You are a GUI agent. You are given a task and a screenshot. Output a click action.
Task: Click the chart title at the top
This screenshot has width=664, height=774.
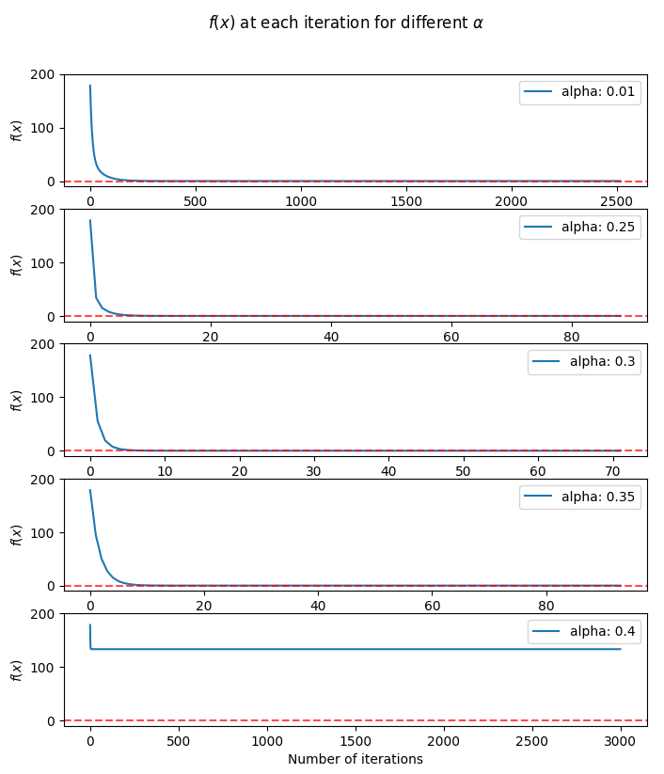coord(345,22)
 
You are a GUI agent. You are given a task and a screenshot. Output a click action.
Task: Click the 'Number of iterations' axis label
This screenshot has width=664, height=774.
coord(355,759)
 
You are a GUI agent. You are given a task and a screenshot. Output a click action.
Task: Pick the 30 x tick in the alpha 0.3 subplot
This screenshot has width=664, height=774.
coord(313,470)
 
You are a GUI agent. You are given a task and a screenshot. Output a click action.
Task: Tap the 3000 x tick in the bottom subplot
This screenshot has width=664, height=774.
coord(621,740)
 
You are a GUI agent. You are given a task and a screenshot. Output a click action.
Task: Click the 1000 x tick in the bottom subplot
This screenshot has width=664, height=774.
coord(267,740)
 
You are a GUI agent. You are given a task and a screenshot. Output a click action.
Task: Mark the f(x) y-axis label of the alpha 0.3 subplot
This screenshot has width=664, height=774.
coord(15,400)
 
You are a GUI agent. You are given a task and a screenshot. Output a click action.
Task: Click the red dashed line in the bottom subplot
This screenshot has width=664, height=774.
coord(376,720)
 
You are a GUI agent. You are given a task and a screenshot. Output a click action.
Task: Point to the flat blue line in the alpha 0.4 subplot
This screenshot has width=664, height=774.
coord(376,649)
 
